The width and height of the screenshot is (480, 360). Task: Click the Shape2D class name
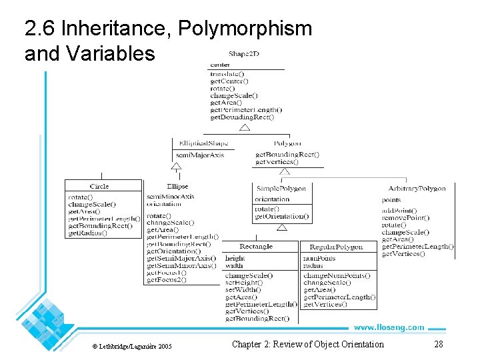pos(243,53)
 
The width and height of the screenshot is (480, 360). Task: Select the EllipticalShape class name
pos(203,143)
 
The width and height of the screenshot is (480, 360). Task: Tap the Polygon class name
pos(287,143)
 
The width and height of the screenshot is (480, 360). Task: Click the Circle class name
pos(99,186)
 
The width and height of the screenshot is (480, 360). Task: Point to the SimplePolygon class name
pos(282,189)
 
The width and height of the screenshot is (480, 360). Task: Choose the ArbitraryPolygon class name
pos(417,189)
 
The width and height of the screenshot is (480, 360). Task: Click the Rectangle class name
pos(256,247)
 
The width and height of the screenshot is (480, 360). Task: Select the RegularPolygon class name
pos(337,247)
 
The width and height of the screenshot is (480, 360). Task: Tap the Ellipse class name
pos(177,187)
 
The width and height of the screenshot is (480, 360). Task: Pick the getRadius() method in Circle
pos(87,233)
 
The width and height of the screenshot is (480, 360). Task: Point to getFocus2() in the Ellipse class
pos(167,280)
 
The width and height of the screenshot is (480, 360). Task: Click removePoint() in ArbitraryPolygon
pos(405,218)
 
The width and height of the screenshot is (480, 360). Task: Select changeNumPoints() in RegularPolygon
pos(337,275)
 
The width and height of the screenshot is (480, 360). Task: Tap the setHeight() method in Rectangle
pos(244,283)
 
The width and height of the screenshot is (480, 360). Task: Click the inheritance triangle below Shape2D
pos(245,127)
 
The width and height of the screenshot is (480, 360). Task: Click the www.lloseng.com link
pos(389,327)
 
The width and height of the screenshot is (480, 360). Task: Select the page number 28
pos(438,344)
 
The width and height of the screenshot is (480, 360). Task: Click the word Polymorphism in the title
pos(246,29)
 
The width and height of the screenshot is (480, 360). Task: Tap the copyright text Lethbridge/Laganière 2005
pos(131,346)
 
